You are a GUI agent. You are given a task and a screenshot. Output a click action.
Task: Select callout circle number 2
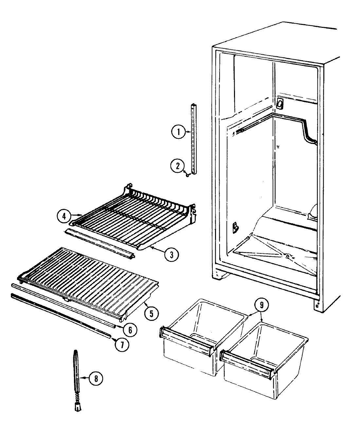point(177,166)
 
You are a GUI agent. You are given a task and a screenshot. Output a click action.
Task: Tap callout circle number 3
point(171,254)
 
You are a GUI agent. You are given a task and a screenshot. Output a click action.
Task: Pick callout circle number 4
point(64,216)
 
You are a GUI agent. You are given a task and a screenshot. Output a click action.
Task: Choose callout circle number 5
point(151,313)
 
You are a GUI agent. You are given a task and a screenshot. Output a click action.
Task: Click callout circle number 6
point(130,330)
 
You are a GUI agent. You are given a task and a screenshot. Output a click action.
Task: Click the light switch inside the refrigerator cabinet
point(279,104)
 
